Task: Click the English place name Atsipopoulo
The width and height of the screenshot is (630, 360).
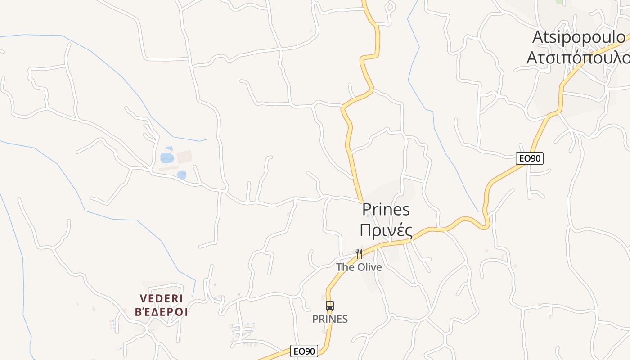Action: (x=579, y=37)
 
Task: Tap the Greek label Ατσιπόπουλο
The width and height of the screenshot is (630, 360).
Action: (x=578, y=58)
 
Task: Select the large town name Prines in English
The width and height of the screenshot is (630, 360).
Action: (x=386, y=209)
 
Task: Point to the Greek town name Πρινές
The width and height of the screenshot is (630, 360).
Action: (x=386, y=230)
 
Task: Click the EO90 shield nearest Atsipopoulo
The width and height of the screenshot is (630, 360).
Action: (x=530, y=158)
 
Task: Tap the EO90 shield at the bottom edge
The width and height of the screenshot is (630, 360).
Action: (x=304, y=351)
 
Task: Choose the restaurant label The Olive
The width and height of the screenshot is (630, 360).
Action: (x=359, y=267)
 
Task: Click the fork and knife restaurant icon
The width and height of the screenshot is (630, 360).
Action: (x=359, y=254)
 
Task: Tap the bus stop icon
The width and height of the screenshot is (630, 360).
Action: (x=330, y=306)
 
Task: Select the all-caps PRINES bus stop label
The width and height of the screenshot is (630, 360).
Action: (x=330, y=319)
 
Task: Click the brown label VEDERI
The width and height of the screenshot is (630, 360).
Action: (x=161, y=299)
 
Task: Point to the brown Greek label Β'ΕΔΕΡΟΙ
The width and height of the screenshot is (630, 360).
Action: (x=161, y=312)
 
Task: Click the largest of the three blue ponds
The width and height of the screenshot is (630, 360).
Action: (x=167, y=158)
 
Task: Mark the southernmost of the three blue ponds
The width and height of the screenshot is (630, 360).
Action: (x=182, y=175)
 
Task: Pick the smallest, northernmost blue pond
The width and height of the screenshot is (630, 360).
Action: (x=169, y=148)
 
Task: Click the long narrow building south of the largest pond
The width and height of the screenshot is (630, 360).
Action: (x=169, y=168)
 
